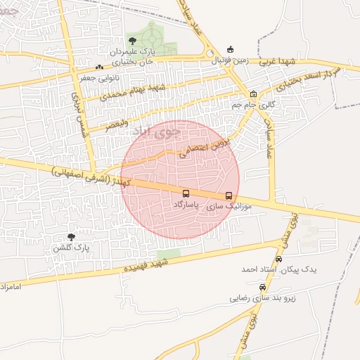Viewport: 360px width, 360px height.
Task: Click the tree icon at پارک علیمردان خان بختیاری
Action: (x=132, y=40)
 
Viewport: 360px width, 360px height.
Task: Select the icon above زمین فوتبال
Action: (x=229, y=50)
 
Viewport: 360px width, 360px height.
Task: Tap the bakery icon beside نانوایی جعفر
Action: (x=98, y=67)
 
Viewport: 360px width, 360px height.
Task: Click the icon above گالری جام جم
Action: (x=253, y=94)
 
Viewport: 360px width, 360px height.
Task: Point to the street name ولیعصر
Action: (x=117, y=125)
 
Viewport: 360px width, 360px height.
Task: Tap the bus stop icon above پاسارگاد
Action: (x=186, y=193)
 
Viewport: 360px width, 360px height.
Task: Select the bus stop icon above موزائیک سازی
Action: (x=229, y=196)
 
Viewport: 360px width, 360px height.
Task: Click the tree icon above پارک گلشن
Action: (x=71, y=237)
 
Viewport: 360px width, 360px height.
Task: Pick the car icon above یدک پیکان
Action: (x=278, y=259)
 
